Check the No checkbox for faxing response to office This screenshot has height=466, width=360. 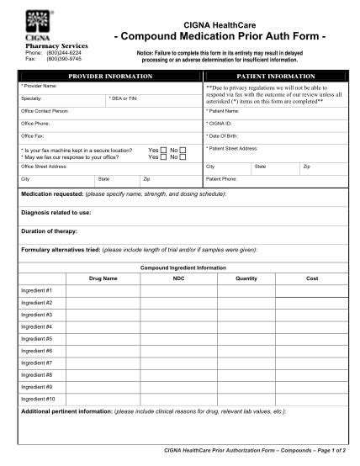tap(183, 156)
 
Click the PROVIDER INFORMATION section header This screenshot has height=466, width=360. tap(110, 76)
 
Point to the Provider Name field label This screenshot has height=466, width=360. tap(39, 86)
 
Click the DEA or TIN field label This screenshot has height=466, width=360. tap(124, 98)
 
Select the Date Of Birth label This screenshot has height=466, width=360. tap(225, 135)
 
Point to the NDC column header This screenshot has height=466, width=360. tap(178, 278)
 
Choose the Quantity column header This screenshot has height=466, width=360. tap(246, 278)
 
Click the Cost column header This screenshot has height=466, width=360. tap(311, 278)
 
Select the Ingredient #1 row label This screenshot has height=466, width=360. tap(37, 290)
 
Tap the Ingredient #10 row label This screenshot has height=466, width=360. tap(38, 399)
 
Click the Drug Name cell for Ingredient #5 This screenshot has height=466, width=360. tap(103, 339)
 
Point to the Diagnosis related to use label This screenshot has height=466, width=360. tap(56, 212)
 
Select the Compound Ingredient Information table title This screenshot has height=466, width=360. tap(183, 267)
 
